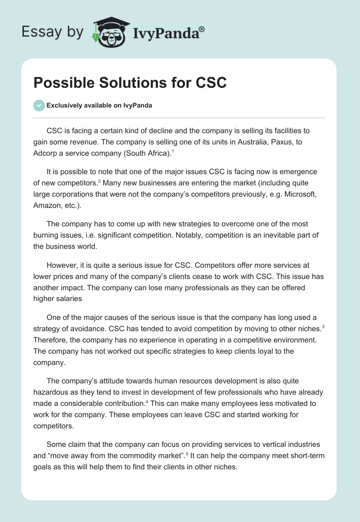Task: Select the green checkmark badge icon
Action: coord(39,105)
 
